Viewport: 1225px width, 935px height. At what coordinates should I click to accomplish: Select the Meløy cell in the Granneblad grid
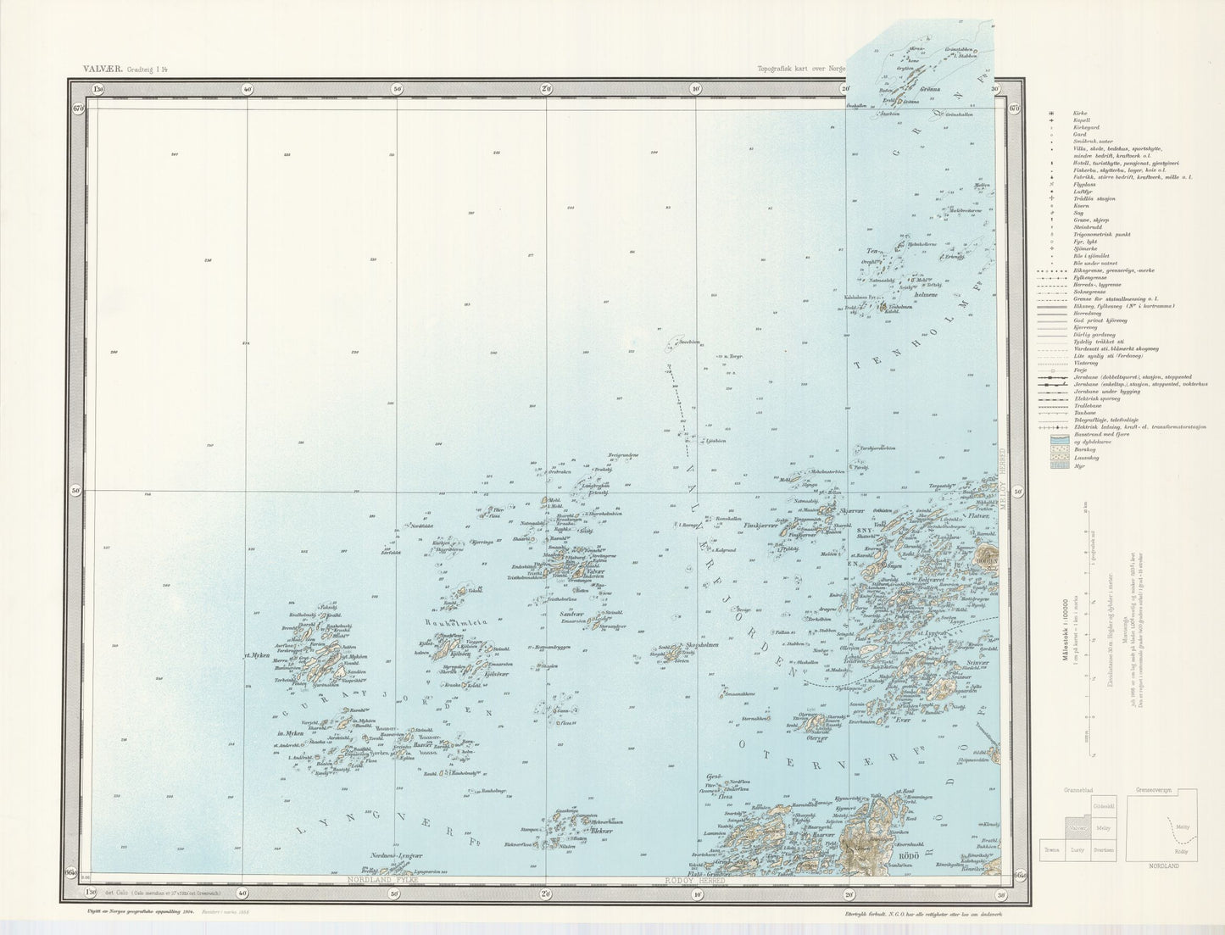coord(1103,826)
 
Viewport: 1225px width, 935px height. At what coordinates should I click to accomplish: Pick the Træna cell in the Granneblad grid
coord(1051,847)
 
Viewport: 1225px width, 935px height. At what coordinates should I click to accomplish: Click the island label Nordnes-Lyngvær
coord(397,856)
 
